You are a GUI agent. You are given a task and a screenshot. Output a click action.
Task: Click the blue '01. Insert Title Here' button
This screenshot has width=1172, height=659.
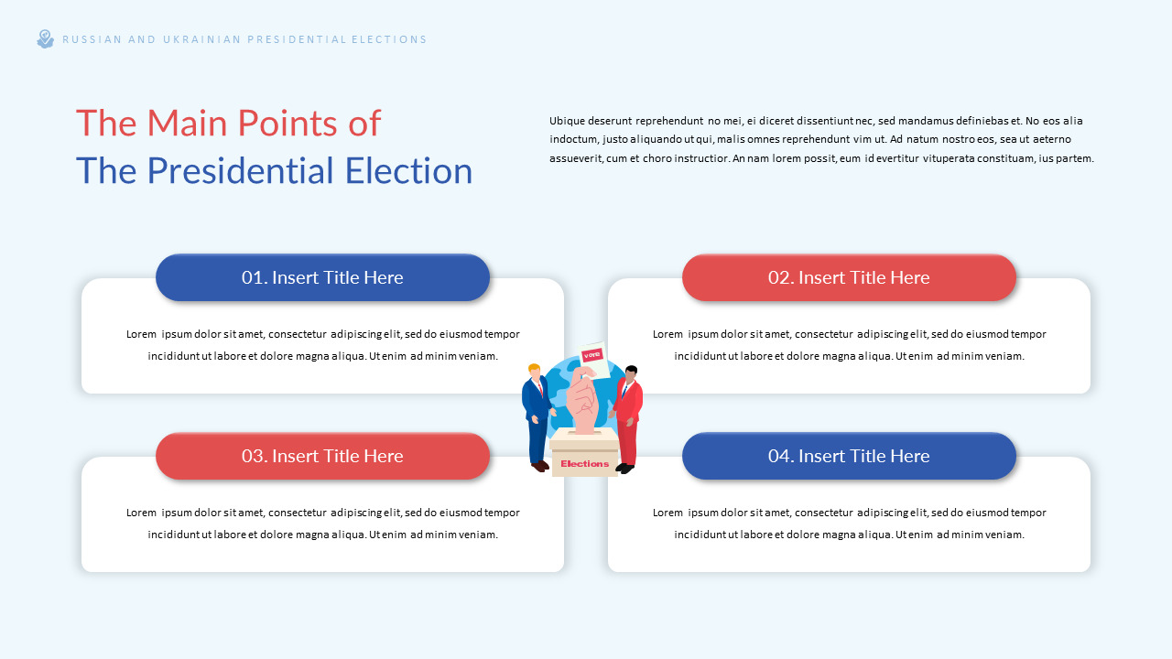tap(322, 277)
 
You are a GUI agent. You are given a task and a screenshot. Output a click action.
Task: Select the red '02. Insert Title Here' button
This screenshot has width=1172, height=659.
tap(849, 277)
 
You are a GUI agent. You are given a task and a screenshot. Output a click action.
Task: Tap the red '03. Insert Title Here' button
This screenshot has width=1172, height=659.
tap(322, 456)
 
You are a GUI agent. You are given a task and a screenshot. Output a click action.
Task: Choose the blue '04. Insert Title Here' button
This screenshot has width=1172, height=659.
tap(849, 456)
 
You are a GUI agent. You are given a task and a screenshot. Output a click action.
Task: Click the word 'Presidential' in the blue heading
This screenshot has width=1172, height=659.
tap(241, 171)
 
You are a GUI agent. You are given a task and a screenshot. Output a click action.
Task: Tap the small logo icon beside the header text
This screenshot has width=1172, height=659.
tap(45, 39)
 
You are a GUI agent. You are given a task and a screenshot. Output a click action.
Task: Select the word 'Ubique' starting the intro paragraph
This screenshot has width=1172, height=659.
tap(566, 121)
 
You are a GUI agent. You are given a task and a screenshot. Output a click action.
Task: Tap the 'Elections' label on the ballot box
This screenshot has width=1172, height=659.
tap(584, 464)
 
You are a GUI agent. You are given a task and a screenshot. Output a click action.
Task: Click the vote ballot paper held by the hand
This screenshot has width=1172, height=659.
tap(593, 356)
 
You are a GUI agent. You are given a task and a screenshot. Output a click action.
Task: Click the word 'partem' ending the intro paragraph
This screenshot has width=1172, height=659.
tap(1077, 158)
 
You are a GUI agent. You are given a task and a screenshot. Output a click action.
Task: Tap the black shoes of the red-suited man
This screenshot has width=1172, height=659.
tap(624, 469)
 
